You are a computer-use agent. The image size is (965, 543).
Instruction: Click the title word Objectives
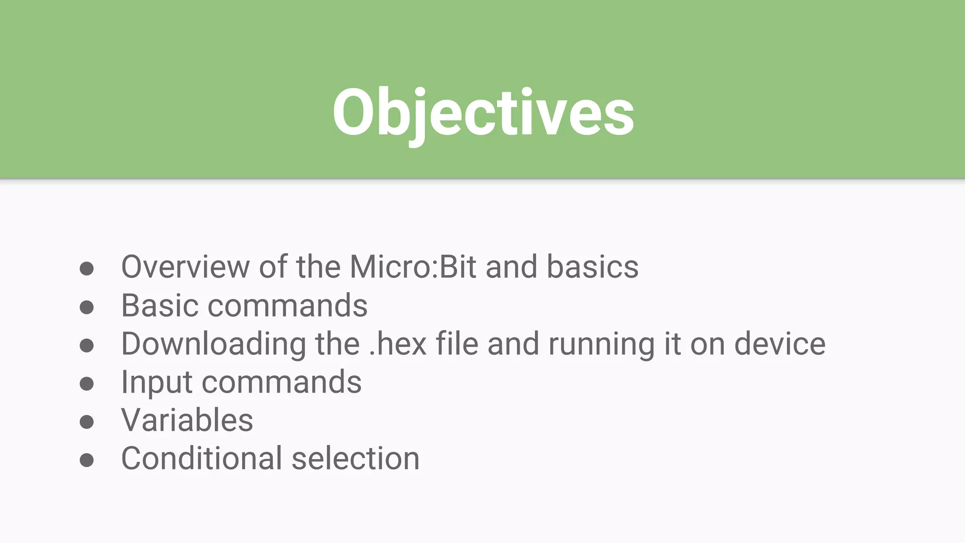[483, 113]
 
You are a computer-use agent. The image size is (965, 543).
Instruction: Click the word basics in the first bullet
[592, 267]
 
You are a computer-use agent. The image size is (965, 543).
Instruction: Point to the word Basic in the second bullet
[160, 305]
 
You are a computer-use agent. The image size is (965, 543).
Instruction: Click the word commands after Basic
[287, 305]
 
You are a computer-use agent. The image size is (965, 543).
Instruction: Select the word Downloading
[213, 344]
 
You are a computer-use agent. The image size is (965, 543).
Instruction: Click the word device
[780, 344]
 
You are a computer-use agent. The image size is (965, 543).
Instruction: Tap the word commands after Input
[282, 383]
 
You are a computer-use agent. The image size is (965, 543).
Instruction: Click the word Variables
[187, 420]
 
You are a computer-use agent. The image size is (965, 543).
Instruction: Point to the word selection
[356, 459]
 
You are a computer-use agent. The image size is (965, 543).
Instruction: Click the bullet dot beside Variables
[87, 421]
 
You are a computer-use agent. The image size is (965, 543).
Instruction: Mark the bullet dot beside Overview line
[87, 269]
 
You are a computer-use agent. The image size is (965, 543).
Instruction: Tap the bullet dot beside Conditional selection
[87, 460]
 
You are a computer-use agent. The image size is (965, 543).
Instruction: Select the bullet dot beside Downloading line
[87, 346]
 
